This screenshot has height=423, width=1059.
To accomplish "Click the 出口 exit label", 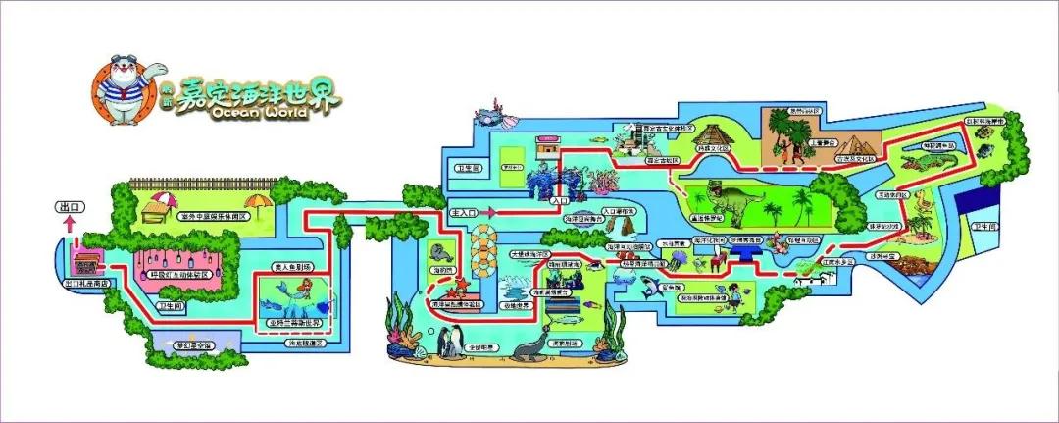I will tap(68, 208).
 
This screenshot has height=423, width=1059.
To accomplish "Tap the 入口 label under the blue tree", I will tap(561, 199).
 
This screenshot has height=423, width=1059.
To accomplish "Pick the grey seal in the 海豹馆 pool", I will tap(437, 250).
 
